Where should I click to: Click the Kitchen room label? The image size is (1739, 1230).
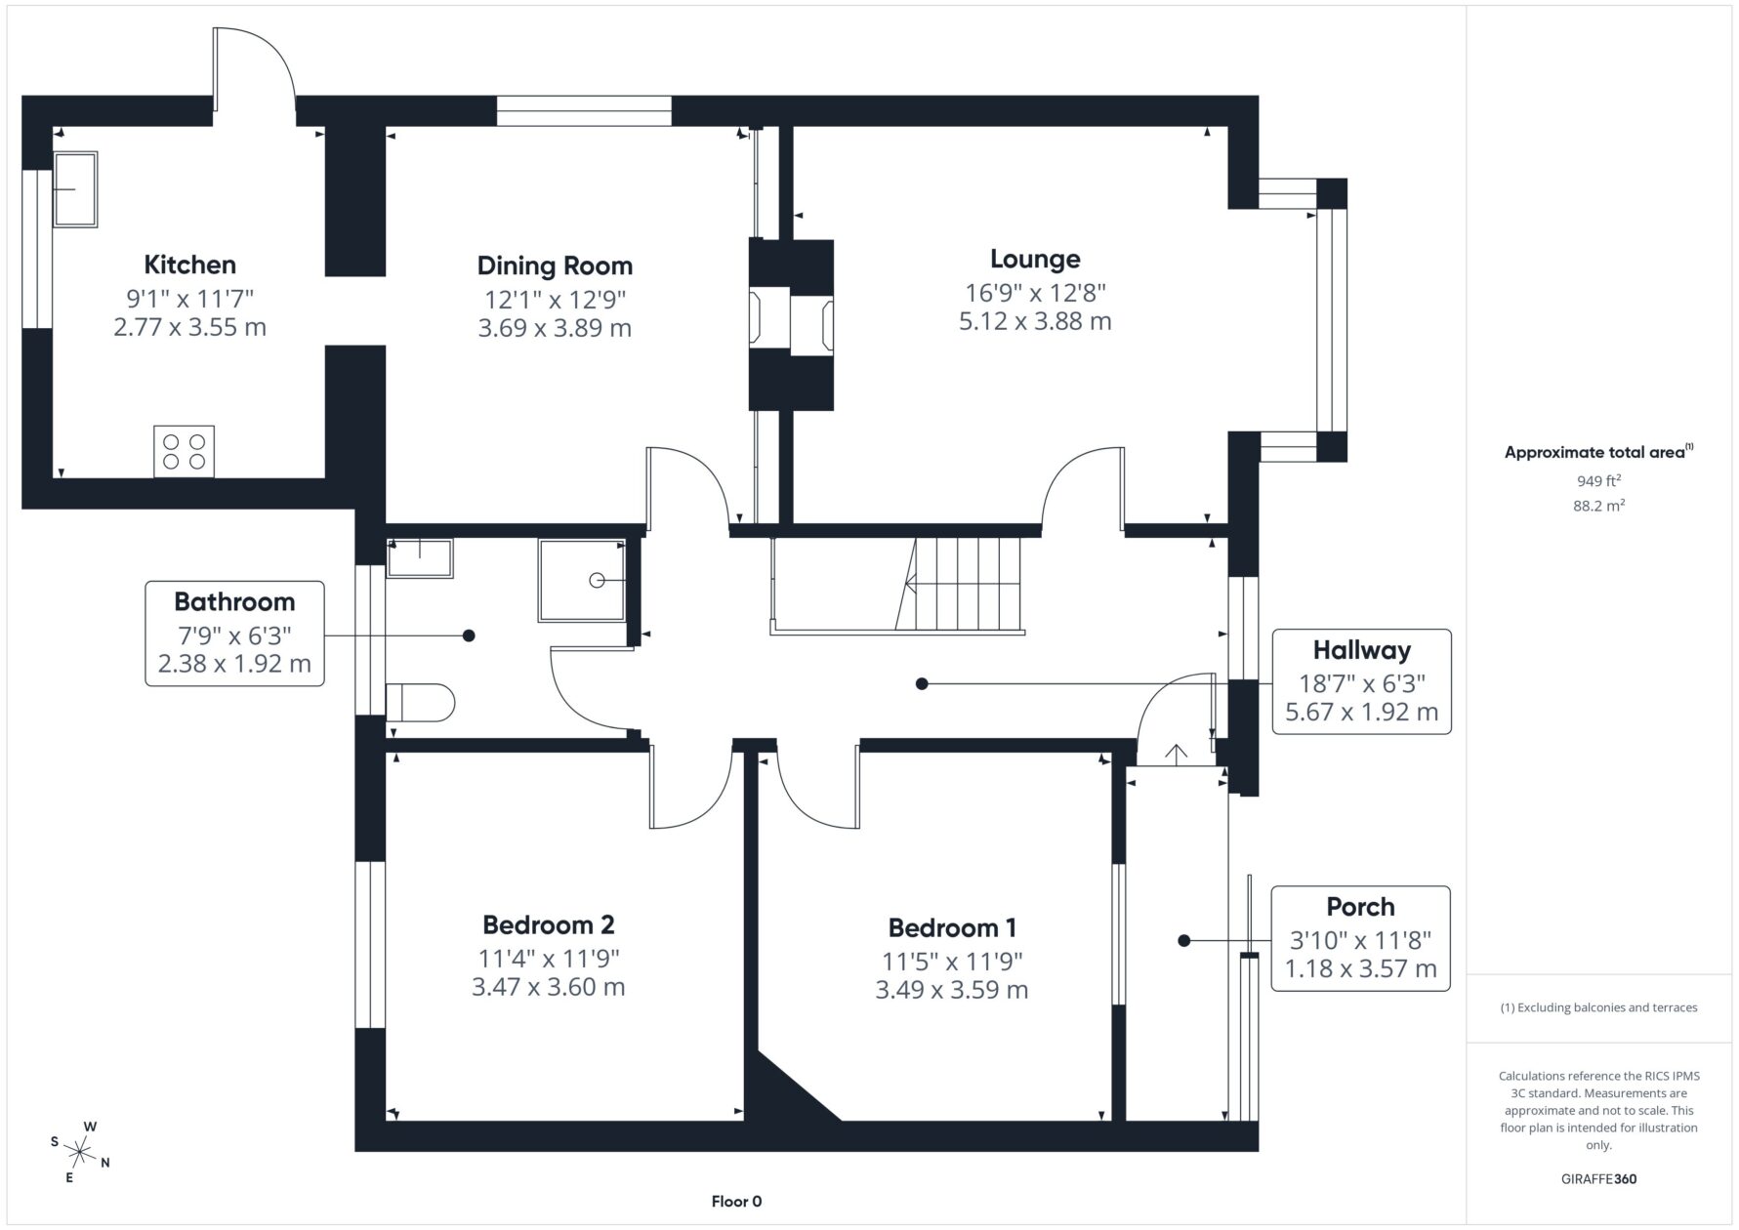pos(189,265)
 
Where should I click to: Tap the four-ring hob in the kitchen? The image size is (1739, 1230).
pos(184,451)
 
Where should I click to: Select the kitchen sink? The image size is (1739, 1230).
pos(75,189)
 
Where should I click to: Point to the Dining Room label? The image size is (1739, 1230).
pos(555,266)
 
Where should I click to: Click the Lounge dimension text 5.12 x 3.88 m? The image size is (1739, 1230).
pos(1035,321)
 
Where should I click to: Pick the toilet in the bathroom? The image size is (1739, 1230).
pos(421,702)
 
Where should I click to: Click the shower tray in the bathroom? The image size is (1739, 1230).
pos(582,580)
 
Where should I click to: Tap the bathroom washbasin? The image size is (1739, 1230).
pos(420,557)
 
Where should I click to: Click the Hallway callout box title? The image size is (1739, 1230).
pos(1361,650)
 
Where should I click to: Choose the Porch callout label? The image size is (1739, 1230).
pos(1360,907)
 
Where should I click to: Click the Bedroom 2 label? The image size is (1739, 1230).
pos(549,924)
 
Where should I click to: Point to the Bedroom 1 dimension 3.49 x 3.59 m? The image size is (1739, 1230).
pos(952,990)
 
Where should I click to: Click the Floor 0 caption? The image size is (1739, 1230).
pos(736,1202)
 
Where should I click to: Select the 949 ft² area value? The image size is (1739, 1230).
pos(1598,480)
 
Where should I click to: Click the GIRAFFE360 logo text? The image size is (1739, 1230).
pos(1598,1178)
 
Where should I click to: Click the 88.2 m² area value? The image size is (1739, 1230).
pos(1598,506)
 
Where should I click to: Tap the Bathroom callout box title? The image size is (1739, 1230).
pos(234,601)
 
